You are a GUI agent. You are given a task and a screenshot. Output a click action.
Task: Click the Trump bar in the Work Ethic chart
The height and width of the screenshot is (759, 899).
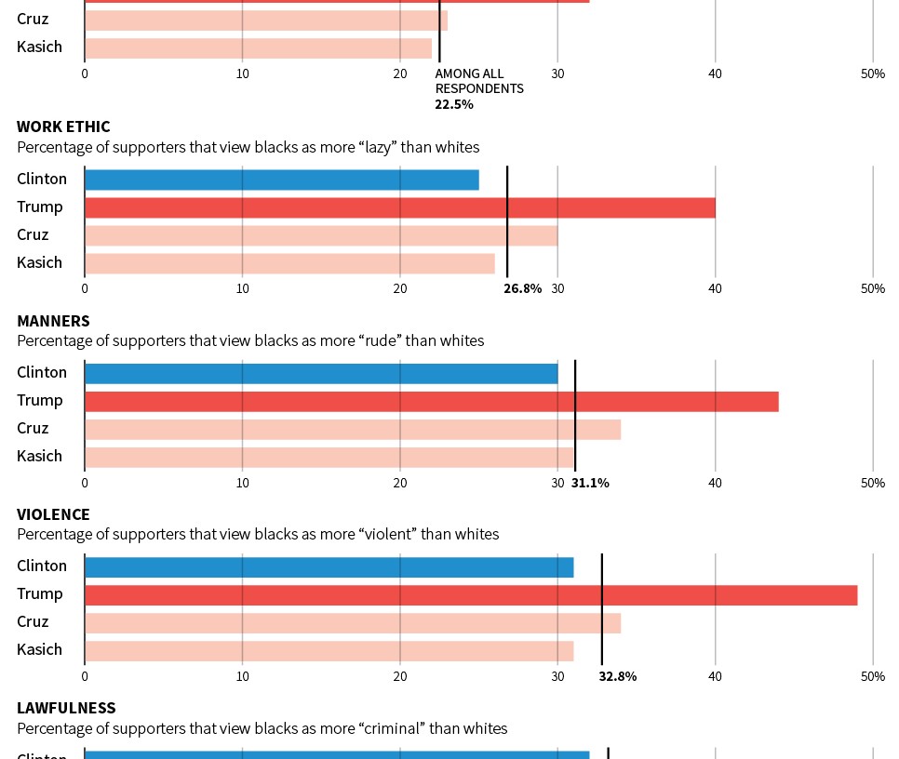400,207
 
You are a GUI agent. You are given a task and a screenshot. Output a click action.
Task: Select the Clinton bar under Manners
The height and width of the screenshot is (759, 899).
321,373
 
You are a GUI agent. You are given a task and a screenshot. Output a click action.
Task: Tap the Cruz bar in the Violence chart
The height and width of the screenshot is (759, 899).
353,622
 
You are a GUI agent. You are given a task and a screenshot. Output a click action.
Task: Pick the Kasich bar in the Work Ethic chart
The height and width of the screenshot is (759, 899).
289,263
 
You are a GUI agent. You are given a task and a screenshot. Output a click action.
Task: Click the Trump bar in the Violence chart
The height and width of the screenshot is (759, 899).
471,594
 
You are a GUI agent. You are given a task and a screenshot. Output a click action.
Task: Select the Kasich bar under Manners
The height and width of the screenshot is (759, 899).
329,457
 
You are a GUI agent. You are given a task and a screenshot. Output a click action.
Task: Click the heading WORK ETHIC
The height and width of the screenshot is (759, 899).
63,126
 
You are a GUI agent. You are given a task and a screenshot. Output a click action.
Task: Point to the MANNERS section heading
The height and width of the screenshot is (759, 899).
53,321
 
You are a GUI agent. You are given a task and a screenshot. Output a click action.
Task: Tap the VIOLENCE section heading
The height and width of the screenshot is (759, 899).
53,514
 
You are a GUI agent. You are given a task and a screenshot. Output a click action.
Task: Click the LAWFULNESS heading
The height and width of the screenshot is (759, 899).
66,708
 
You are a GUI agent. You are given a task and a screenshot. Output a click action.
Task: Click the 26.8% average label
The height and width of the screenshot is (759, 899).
522,289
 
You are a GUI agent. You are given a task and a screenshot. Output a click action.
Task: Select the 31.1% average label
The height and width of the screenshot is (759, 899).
590,483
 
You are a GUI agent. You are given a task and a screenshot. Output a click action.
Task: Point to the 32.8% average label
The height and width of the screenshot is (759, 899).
618,676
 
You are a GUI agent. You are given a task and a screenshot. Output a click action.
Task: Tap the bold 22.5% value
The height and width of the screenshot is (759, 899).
454,104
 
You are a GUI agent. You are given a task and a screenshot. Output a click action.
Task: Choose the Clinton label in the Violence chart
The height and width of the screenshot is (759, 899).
42,566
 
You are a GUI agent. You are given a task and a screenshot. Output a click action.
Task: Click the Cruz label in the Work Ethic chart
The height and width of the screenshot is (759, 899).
33,234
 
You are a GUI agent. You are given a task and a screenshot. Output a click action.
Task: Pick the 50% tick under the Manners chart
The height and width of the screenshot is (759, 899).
872,483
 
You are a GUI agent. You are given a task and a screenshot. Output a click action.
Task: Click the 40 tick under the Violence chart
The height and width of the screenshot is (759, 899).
715,676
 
